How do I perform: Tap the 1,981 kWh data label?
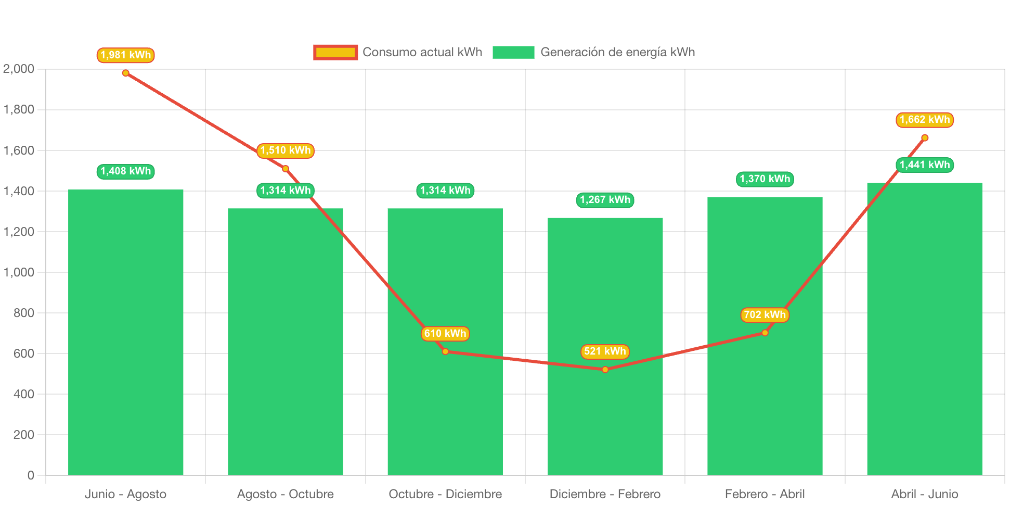point(126,55)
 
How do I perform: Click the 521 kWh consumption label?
point(605,351)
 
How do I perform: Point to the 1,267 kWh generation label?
point(605,200)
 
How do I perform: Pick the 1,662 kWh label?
point(925,120)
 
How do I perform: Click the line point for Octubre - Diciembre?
point(445,351)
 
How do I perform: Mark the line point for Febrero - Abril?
point(765,333)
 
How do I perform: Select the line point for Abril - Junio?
point(925,138)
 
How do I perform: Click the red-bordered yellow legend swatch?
point(335,52)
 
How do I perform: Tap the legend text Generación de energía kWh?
point(617,52)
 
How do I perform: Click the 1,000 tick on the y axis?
point(19,272)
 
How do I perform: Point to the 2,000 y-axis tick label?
point(19,69)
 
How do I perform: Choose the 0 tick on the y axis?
point(31,475)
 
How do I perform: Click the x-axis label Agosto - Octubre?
point(286,494)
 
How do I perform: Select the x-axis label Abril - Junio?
point(925,494)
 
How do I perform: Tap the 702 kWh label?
point(765,315)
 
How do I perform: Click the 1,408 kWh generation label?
point(126,171)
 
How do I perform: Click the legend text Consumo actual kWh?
point(422,52)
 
